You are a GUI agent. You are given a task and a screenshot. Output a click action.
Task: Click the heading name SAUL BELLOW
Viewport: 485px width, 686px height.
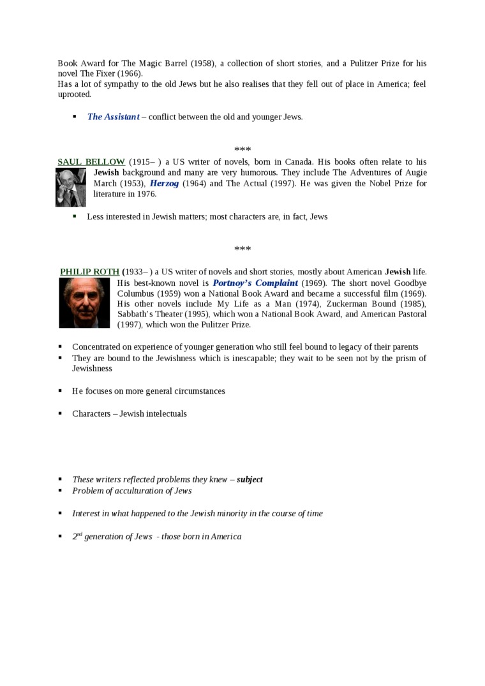[91, 162]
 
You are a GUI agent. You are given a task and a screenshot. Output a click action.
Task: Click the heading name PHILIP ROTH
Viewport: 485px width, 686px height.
[89, 272]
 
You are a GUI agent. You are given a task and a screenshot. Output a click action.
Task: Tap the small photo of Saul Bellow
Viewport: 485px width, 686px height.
[71, 188]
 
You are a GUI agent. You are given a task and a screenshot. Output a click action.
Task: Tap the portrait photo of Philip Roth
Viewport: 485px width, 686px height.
[84, 303]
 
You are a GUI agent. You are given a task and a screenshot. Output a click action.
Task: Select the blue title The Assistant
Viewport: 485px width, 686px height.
[113, 117]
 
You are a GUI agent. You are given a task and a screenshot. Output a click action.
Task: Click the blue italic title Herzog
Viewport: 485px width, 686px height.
[164, 184]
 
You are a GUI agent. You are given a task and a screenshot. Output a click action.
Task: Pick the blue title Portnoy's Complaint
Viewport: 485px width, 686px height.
[255, 283]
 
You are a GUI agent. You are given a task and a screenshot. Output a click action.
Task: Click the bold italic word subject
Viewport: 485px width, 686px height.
[250, 479]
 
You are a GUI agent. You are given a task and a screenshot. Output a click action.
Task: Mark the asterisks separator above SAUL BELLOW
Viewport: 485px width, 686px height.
[243, 149]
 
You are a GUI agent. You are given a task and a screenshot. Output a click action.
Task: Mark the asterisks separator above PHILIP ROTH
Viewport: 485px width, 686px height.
[243, 249]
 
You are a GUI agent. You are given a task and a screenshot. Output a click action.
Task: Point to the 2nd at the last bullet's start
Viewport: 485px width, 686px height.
[77, 536]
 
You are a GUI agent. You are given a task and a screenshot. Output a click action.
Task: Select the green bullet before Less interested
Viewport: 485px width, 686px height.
[74, 216]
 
